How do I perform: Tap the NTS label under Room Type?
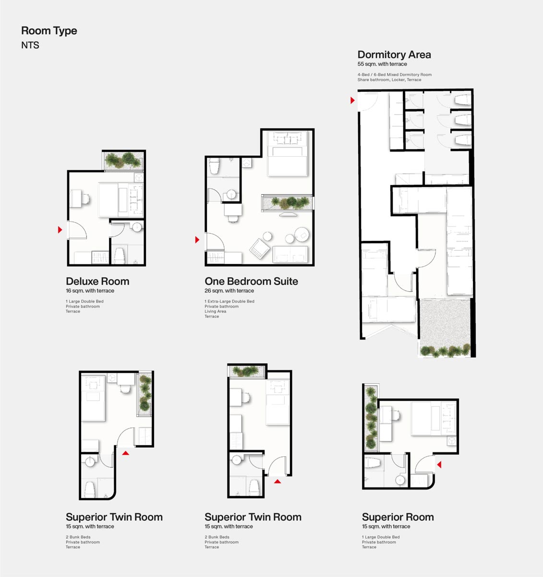pyautogui.click(x=30, y=45)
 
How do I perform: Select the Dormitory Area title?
pyautogui.click(x=394, y=55)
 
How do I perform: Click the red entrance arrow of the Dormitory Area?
pyautogui.click(x=352, y=100)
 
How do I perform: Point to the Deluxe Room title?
pyautogui.click(x=97, y=281)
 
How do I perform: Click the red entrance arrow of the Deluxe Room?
pyautogui.click(x=60, y=229)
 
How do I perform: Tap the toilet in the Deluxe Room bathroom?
pyautogui.click(x=120, y=255)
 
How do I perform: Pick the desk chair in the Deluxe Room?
pyautogui.click(x=85, y=199)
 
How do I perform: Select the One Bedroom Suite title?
pyautogui.click(x=251, y=281)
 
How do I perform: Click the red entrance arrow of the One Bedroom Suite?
pyautogui.click(x=197, y=239)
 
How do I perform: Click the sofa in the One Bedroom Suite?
pyautogui.click(x=290, y=254)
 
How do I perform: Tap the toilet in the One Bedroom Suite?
pyautogui.click(x=214, y=166)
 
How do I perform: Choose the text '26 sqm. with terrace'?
pyautogui.click(x=229, y=290)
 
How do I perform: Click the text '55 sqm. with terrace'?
pyautogui.click(x=382, y=64)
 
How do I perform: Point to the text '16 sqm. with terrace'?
pyautogui.click(x=90, y=290)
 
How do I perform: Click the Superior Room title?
pyautogui.click(x=398, y=517)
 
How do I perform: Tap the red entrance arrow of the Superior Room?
pyautogui.click(x=439, y=464)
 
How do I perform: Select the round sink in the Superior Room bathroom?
pyautogui.click(x=400, y=480)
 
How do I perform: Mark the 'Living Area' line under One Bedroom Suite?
pyautogui.click(x=216, y=311)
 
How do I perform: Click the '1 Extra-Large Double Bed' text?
pyautogui.click(x=229, y=301)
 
